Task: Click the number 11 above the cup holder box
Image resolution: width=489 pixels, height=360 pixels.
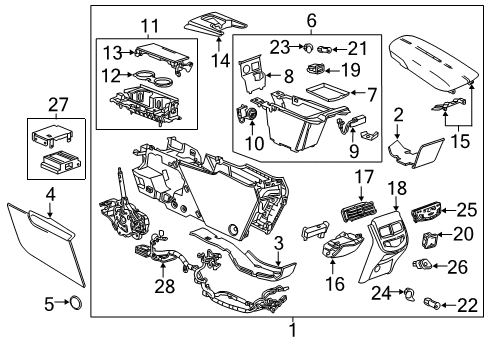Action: (150, 26)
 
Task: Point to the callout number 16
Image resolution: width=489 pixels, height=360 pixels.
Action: (334, 284)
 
